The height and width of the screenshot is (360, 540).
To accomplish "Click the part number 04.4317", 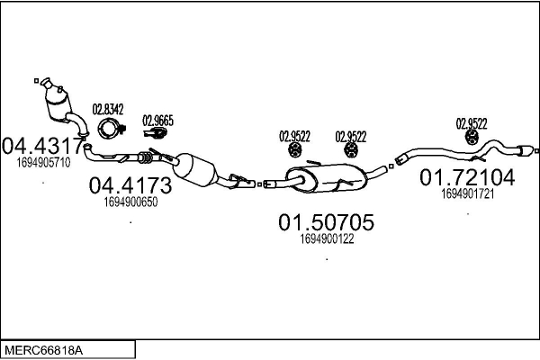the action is pos(42,146).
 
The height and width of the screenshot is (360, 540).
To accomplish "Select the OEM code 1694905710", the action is pos(43,162).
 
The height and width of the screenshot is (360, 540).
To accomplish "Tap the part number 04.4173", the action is pos(130,185).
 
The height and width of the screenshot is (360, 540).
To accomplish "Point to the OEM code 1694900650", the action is pos(130,202).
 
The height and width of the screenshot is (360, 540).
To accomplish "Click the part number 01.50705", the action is pos(326,222).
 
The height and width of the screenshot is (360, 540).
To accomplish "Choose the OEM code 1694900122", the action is pos(327,238).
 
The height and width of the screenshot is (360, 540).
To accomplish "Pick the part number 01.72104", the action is pos(467,177).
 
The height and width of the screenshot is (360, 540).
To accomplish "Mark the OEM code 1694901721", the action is pos(468,194).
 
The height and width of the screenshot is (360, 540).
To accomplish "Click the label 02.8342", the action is pos(108,109).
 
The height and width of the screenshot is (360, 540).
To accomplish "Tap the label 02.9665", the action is pos(158,121).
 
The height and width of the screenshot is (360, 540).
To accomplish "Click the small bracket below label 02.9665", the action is pos(156,132).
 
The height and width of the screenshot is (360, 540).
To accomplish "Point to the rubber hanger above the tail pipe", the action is pos(472,137).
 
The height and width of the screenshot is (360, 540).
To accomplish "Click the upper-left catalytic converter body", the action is pos(58,103).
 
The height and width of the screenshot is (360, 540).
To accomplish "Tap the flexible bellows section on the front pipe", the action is pos(145,157).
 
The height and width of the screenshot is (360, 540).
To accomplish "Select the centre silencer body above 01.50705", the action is pos(326,178).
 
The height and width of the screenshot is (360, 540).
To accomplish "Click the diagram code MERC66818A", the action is pos(43,351).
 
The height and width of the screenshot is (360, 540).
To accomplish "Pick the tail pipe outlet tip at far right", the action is pos(526,151).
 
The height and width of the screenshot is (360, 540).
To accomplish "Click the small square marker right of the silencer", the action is pos(391,166).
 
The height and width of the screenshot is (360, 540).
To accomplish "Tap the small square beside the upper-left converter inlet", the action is pos(37,81).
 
